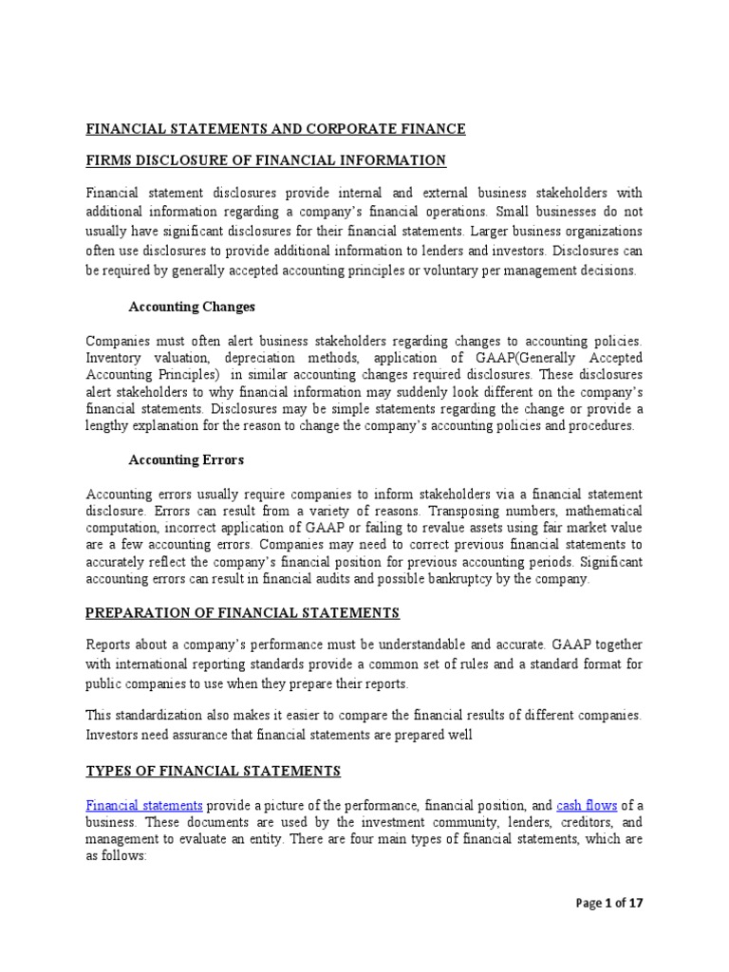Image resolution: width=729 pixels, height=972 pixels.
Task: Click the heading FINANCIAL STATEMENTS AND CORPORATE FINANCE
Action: (x=276, y=129)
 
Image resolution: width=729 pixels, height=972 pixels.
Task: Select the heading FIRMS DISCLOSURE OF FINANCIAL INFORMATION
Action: (x=266, y=159)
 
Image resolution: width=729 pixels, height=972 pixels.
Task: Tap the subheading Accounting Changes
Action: (x=192, y=307)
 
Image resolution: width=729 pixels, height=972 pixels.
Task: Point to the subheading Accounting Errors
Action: (x=186, y=459)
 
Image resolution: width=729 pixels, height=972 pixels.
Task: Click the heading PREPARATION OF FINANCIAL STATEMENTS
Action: (x=243, y=612)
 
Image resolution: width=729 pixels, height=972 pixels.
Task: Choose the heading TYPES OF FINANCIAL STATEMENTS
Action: (x=214, y=770)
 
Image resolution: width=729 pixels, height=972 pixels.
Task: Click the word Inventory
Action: (x=115, y=357)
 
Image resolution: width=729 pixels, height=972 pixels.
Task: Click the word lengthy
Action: (x=107, y=425)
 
